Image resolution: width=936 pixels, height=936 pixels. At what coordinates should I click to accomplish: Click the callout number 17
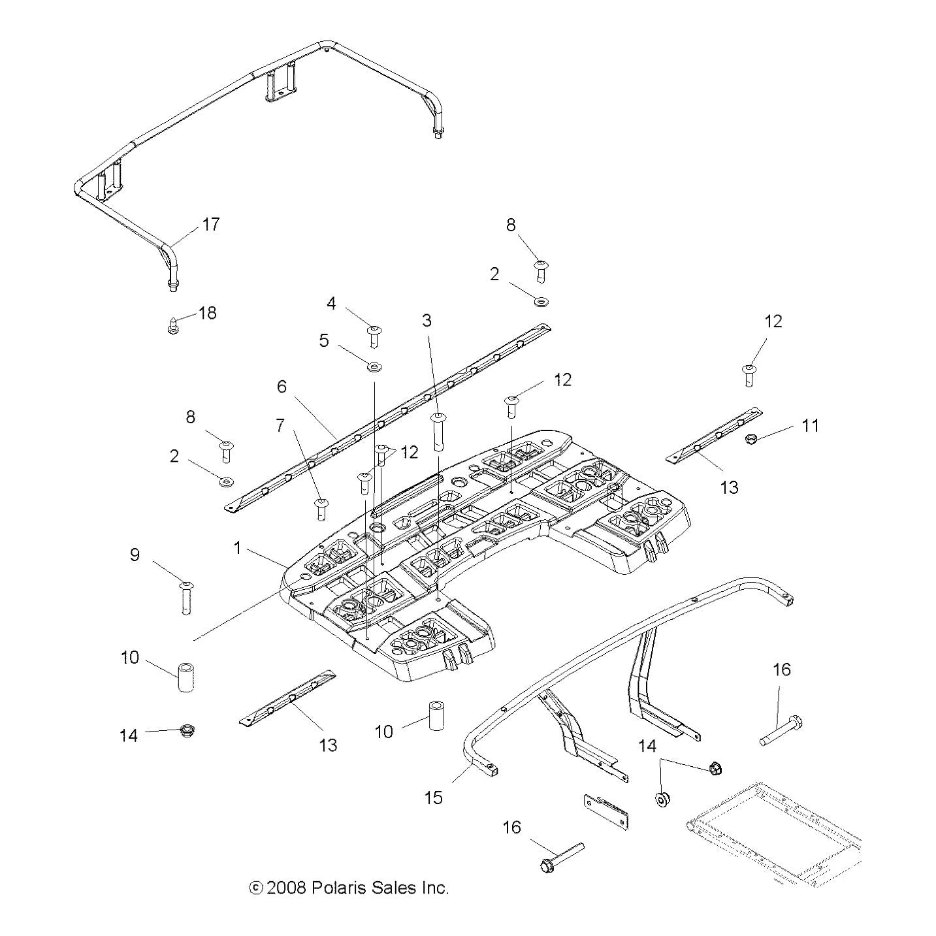point(210,225)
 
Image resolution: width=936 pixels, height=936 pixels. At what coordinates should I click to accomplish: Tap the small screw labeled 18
point(172,325)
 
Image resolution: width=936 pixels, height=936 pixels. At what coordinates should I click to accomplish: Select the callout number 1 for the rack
point(238,548)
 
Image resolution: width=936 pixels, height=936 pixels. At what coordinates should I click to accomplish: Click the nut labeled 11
point(751,439)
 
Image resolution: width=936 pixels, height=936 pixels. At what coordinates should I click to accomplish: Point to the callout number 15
point(433,797)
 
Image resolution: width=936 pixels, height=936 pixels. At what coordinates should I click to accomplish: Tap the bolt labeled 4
point(374,336)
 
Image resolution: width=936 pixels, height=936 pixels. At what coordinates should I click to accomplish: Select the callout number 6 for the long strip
point(282,387)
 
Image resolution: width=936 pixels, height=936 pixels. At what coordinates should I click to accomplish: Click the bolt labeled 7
point(321,508)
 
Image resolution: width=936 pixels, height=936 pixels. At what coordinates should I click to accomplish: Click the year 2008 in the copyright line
point(287,888)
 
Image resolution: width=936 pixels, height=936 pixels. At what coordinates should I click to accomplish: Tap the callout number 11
point(810,425)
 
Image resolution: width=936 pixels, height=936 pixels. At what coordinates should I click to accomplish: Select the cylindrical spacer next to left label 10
point(186,678)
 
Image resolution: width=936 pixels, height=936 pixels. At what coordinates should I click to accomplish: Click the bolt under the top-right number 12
point(749,375)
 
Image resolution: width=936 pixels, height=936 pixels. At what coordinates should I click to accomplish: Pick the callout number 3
point(427,320)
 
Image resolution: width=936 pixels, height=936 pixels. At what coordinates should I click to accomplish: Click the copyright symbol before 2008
point(256,888)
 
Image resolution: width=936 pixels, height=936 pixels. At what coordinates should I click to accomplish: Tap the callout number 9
point(135,555)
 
